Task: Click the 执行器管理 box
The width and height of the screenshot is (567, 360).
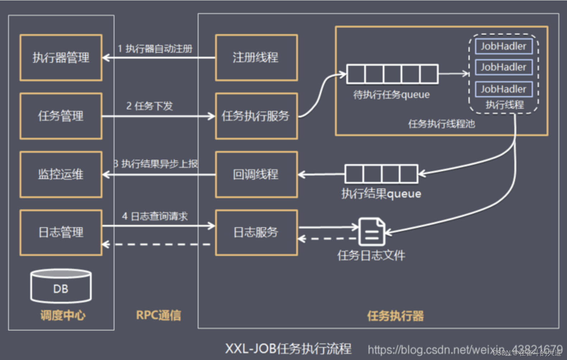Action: [61, 57]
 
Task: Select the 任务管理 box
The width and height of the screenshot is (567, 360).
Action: [61, 116]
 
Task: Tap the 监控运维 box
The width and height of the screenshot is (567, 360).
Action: [61, 174]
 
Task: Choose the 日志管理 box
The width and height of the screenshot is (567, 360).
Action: [61, 233]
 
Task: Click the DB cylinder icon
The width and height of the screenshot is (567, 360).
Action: [61, 286]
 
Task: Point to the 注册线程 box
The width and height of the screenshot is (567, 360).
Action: [256, 57]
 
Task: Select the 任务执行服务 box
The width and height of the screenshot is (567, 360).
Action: [256, 116]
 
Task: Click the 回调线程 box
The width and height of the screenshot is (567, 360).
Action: [256, 174]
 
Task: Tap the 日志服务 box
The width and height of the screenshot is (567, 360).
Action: [256, 233]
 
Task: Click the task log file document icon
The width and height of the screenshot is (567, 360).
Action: [371, 232]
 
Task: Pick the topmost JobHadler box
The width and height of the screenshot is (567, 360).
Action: [503, 46]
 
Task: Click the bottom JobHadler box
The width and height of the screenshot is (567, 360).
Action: [503, 89]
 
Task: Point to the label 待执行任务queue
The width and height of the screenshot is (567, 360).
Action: [392, 95]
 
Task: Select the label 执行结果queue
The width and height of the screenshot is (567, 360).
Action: [381, 194]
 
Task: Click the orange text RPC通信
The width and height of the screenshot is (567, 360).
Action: [159, 315]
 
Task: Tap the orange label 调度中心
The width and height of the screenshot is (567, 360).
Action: [63, 315]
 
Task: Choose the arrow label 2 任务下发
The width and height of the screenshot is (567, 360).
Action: [150, 106]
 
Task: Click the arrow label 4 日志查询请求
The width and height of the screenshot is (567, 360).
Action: [155, 216]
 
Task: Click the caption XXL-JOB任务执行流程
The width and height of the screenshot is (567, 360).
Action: [288, 349]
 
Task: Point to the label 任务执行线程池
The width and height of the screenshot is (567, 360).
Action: [441, 124]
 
